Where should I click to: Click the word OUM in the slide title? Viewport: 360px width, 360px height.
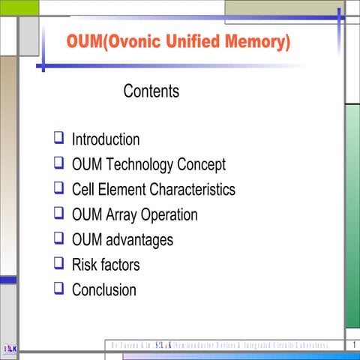tap(84, 42)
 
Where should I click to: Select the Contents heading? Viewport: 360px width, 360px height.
tap(151, 91)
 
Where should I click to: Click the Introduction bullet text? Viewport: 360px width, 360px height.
tap(106, 139)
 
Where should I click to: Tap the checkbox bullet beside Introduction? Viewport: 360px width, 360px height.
tap(58, 138)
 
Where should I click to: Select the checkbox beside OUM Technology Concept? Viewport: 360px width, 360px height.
tap(58, 163)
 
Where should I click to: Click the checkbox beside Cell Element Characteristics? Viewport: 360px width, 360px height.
tap(58, 188)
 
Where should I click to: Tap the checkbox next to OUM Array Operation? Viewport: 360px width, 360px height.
tap(58, 213)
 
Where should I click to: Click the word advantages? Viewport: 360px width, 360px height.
tap(139, 240)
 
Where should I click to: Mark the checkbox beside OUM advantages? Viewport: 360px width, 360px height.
tap(58, 238)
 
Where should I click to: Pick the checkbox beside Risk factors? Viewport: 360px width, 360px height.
tap(58, 263)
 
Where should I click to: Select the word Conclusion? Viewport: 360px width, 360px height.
tap(104, 289)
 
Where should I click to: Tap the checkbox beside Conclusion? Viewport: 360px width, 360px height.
tap(58, 288)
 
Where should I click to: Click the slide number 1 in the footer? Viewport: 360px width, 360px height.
tap(352, 345)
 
